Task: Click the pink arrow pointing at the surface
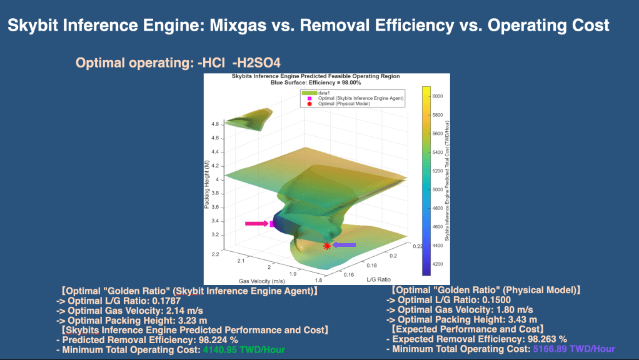coord(256,223)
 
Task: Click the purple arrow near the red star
coord(344,245)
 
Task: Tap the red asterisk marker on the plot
coord(327,246)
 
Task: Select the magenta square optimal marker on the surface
coord(272,224)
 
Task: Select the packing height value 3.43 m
coord(515,319)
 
